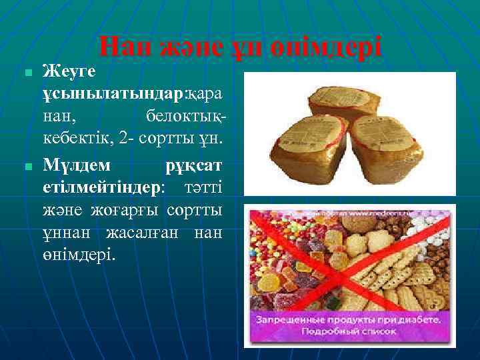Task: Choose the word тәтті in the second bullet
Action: click(203, 187)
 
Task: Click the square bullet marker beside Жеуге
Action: click(24, 71)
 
